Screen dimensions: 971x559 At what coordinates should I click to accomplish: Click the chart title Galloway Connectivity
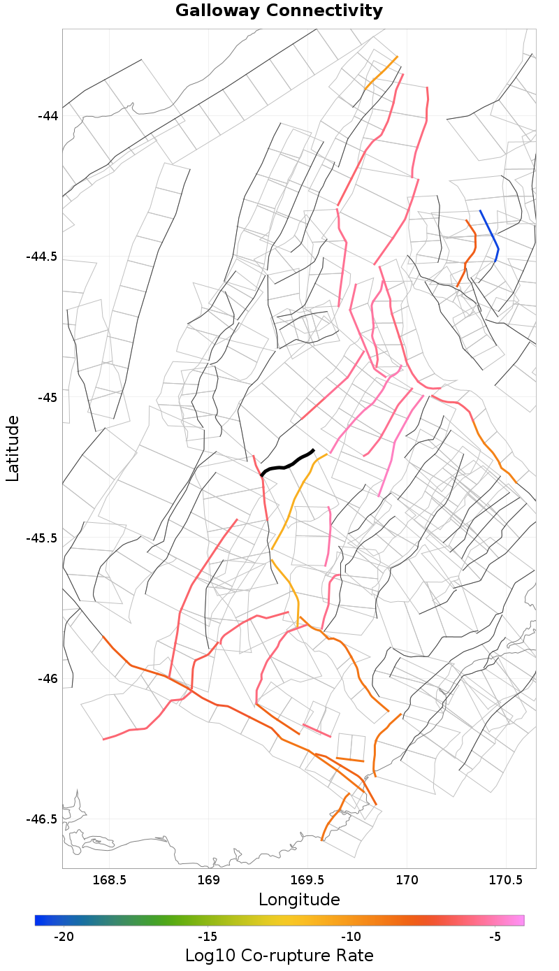point(279,11)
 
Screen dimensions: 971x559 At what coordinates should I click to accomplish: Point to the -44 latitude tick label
point(48,115)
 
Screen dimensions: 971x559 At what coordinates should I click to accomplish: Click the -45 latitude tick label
point(48,397)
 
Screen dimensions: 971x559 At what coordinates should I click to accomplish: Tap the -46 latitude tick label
point(48,679)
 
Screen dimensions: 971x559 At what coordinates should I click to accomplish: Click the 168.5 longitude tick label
point(110,879)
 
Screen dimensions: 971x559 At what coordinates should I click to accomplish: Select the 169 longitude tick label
point(209,879)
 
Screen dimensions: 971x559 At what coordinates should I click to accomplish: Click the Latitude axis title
point(13,448)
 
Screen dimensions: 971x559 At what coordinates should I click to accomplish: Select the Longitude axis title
point(299,900)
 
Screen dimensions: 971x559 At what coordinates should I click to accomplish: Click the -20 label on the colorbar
point(64,937)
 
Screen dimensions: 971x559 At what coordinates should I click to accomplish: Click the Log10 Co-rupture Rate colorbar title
point(279,956)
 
